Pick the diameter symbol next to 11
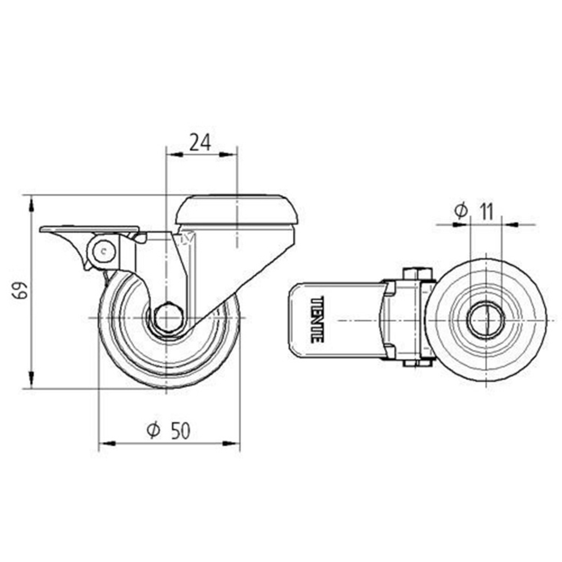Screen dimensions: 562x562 tap(461, 211)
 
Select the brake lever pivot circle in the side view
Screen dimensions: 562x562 tap(102, 251)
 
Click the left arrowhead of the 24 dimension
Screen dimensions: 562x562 tap(175, 154)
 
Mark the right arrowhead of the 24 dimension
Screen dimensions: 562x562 tap(228, 154)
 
